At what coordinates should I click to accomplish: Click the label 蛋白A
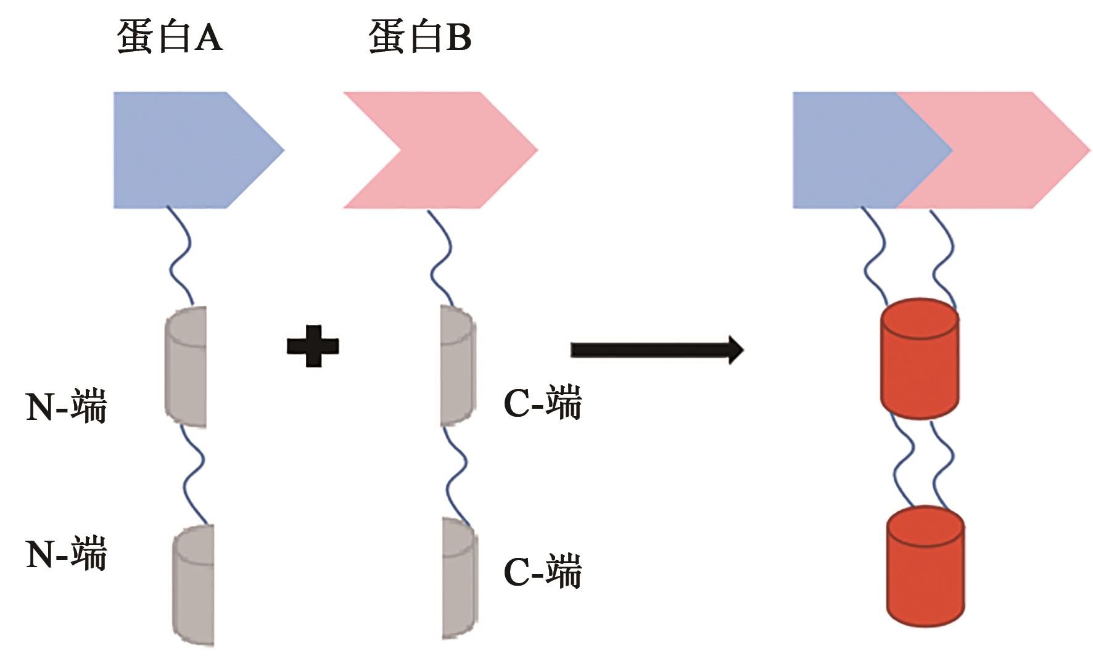coord(169,36)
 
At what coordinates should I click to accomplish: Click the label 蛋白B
coord(419,36)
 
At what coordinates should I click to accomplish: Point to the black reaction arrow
coord(656,350)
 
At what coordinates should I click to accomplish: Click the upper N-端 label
coord(66,406)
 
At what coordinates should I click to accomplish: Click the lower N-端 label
coord(66,552)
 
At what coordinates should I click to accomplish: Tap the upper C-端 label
coord(542,404)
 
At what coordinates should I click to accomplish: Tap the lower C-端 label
coord(542,572)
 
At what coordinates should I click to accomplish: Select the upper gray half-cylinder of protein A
coord(186,367)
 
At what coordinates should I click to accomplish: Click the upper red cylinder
coord(919,359)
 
